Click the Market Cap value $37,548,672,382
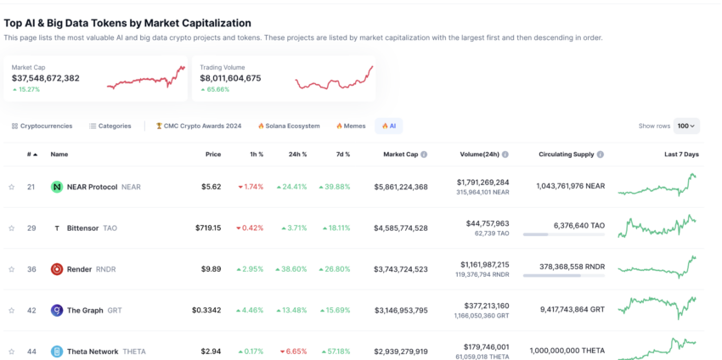click(46, 78)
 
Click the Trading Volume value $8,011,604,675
click(230, 78)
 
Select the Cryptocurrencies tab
click(42, 126)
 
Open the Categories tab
click(110, 126)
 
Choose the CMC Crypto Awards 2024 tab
click(199, 126)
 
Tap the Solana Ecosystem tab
click(289, 126)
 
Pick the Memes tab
click(351, 126)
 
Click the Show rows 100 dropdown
click(686, 126)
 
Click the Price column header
click(213, 155)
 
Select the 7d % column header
click(342, 155)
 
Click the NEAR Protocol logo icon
click(57, 187)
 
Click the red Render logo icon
click(57, 269)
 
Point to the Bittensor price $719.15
click(206, 228)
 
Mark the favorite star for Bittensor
click(12, 228)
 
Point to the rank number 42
click(31, 311)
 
